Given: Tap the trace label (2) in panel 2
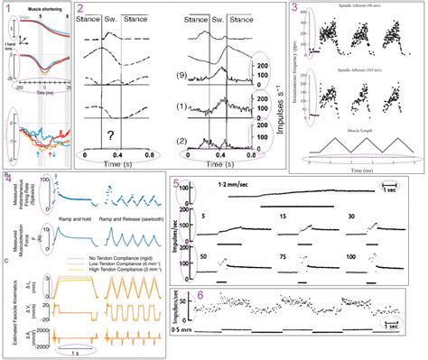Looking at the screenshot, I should [182, 142].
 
